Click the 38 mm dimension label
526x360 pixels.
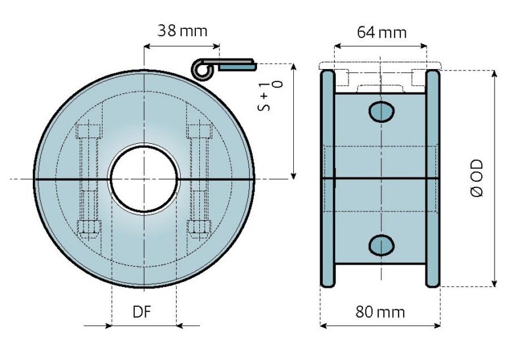coord(182,30)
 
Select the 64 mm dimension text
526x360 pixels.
coord(381,32)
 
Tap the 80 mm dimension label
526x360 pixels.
coord(380,311)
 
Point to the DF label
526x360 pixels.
coord(142,311)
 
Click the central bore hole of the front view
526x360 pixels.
coord(144,179)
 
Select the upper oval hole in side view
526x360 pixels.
coord(381,112)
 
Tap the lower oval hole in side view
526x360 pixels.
coord(381,245)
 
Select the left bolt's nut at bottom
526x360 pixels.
coord(88,227)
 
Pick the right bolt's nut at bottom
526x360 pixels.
coord(199,227)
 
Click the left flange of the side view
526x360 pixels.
coord(327,177)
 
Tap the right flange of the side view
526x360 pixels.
coord(433,177)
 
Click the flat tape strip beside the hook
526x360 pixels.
coord(237,65)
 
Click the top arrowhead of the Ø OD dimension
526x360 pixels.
coord(493,72)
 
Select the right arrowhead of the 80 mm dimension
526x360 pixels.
coord(437,325)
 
